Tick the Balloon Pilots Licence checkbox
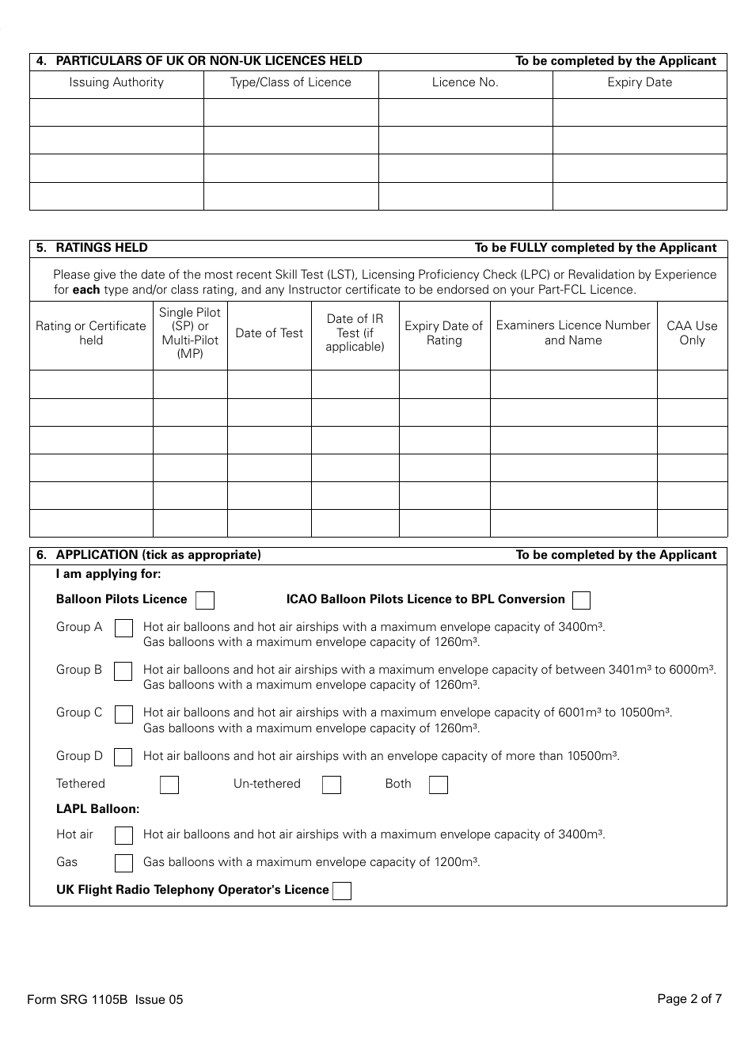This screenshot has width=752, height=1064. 205,600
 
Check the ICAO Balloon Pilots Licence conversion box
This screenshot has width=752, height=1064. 581,600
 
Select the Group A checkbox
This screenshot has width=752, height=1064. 123,628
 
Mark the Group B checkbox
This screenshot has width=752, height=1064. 123,671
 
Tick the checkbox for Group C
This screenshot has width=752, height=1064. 123,714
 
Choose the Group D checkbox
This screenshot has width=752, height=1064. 123,757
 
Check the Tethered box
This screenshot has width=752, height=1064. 169,785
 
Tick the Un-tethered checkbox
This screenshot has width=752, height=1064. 332,785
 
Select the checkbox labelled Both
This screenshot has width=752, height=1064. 439,785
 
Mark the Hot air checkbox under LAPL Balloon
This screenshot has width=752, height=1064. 123,835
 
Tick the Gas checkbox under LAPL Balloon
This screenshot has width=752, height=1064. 123,863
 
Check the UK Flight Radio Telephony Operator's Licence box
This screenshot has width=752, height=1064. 342,891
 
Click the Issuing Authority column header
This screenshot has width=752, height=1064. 116,82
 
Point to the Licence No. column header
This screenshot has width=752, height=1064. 465,82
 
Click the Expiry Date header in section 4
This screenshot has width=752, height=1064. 640,82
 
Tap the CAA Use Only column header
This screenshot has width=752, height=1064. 692,333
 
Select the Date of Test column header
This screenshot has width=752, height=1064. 269,333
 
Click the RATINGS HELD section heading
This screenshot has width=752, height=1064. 101,248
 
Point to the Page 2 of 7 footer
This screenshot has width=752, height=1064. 689,998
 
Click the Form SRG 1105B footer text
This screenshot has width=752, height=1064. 104,999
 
